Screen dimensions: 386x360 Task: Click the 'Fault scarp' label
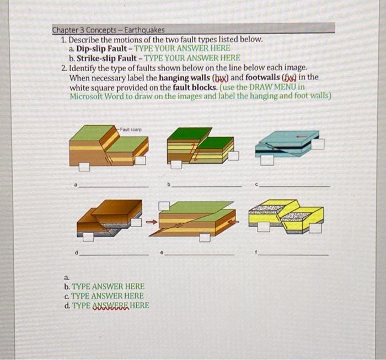click(x=131, y=130)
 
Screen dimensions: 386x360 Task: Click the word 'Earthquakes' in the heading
click(x=144, y=30)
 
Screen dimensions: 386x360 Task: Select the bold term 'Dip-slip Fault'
click(x=101, y=49)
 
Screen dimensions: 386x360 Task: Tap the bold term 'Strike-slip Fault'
click(x=106, y=58)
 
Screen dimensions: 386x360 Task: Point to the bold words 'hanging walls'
click(x=185, y=78)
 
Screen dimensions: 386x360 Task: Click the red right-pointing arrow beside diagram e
click(x=152, y=222)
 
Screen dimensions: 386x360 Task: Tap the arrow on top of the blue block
click(x=301, y=137)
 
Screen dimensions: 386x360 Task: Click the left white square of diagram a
click(x=84, y=167)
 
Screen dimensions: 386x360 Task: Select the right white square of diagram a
click(x=141, y=160)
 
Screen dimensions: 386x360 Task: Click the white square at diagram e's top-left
click(x=164, y=206)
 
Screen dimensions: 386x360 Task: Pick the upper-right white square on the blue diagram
click(x=319, y=144)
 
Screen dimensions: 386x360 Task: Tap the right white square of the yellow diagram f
click(x=315, y=228)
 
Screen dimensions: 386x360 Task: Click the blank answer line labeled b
click(x=207, y=187)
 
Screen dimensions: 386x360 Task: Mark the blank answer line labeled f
click(x=293, y=255)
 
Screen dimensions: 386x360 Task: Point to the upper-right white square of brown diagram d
click(x=136, y=222)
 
